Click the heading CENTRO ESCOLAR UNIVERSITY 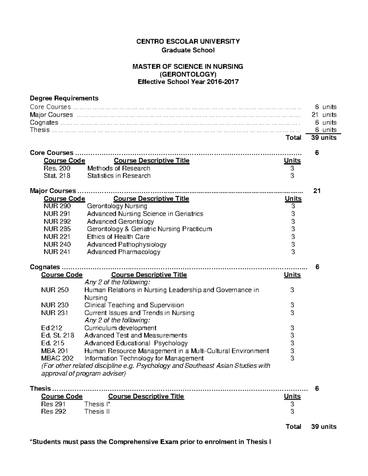(x=188, y=41)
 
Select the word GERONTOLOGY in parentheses (x=188, y=74)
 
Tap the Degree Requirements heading (x=64, y=98)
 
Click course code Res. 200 (x=57, y=168)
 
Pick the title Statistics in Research (x=119, y=176)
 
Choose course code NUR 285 (x=57, y=229)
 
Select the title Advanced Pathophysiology (x=127, y=244)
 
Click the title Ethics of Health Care (x=118, y=237)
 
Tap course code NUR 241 (x=57, y=252)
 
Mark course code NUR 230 (x=55, y=305)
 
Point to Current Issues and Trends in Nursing (x=139, y=313)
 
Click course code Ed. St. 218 (x=58, y=335)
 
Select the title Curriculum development (x=120, y=328)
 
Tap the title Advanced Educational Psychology (x=136, y=343)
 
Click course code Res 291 (x=53, y=404)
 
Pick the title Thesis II (x=97, y=412)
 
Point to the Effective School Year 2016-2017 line (x=188, y=82)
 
